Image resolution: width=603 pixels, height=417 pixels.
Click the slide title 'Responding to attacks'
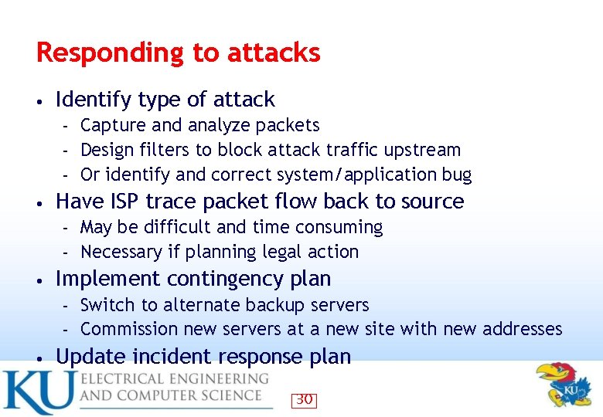tap(178, 53)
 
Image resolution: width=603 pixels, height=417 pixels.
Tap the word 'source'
tap(433, 202)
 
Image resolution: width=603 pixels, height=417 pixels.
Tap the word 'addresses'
tap(523, 329)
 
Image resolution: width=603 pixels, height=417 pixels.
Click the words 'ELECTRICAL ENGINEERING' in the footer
tap(175, 379)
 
